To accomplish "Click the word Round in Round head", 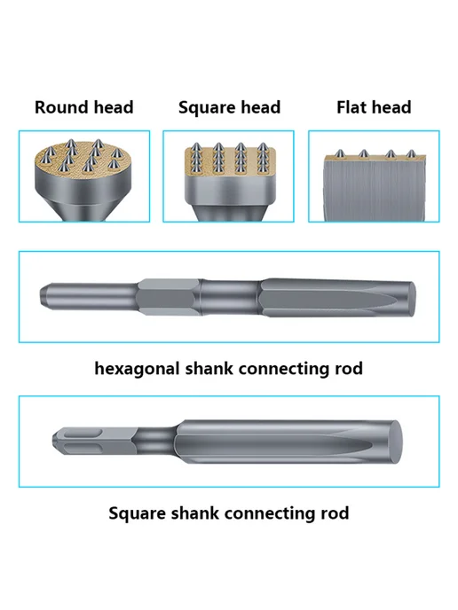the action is click(59, 107).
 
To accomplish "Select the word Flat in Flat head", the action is click(349, 107).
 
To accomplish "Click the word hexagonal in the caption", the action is click(137, 369).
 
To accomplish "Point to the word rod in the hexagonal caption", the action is click(349, 369).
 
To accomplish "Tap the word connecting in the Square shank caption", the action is click(271, 514).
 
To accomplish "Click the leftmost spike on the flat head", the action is click(340, 153).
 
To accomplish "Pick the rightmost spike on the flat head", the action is click(410, 154).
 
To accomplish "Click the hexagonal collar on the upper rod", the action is click(170, 297).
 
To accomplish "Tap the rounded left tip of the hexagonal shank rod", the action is click(43, 296).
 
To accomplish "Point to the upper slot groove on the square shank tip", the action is click(83, 434).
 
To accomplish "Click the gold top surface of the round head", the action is click(83, 159).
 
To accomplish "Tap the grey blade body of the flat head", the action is click(373, 191).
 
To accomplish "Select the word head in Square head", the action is click(260, 107).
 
